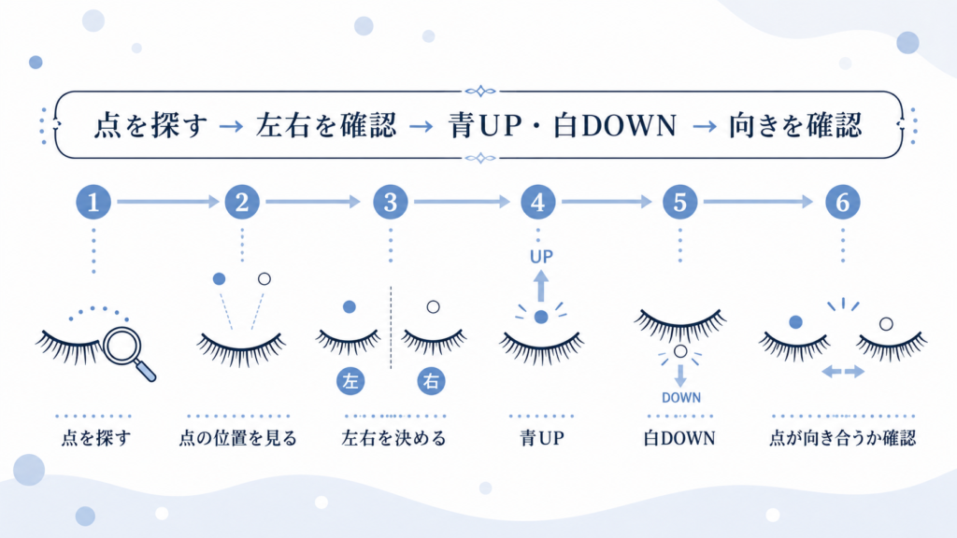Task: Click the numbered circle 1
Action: pyautogui.click(x=93, y=202)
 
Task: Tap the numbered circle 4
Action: pyautogui.click(x=537, y=202)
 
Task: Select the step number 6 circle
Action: pyautogui.click(x=842, y=202)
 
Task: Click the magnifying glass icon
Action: pyautogui.click(x=129, y=353)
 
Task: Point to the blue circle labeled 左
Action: pyautogui.click(x=350, y=381)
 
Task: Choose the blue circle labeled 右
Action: pyautogui.click(x=432, y=381)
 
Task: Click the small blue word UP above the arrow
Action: pyautogui.click(x=541, y=257)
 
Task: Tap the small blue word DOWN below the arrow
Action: pyautogui.click(x=681, y=398)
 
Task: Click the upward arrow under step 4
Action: pyautogui.click(x=541, y=286)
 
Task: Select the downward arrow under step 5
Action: pyautogui.click(x=680, y=375)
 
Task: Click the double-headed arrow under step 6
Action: pyautogui.click(x=843, y=371)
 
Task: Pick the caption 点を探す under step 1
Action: pyautogui.click(x=96, y=438)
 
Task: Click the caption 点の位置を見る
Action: pyautogui.click(x=237, y=438)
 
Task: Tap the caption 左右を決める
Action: pyautogui.click(x=394, y=438)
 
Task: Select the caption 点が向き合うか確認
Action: pyautogui.click(x=842, y=438)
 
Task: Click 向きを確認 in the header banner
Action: pyautogui.click(x=795, y=125)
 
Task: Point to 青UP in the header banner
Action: pyautogui.click(x=485, y=125)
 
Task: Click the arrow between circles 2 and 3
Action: pyautogui.click(x=313, y=202)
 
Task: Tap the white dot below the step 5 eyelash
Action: pyautogui.click(x=680, y=351)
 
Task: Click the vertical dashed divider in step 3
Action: pyautogui.click(x=391, y=328)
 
